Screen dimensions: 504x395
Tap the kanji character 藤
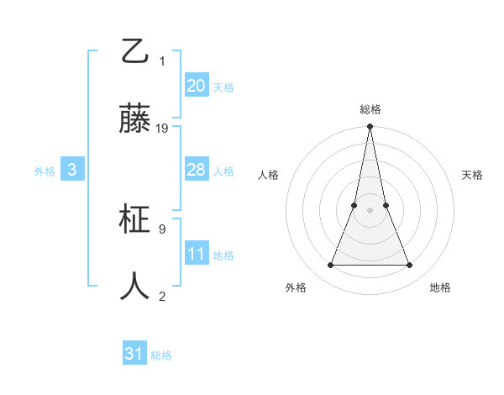[136, 119]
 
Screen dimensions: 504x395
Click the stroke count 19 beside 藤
[162, 129]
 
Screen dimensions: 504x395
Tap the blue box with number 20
[196, 86]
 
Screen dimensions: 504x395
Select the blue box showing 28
[196, 170]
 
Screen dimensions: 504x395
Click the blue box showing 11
[196, 254]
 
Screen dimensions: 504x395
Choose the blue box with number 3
[72, 170]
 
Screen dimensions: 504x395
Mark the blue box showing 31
[134, 354]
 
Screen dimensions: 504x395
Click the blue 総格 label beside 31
[161, 355]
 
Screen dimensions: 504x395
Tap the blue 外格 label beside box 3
[45, 171]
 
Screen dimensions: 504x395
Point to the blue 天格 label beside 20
[223, 87]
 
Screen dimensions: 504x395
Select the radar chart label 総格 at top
[370, 109]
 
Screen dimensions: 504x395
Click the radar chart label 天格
[472, 175]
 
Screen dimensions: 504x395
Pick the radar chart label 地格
[440, 288]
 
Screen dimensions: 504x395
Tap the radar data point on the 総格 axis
[370, 127]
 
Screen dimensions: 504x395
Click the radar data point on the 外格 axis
[330, 266]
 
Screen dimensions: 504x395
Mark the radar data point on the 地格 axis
[410, 266]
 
